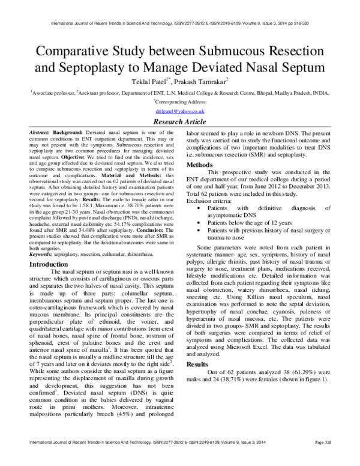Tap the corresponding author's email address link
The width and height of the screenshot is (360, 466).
coord(180,111)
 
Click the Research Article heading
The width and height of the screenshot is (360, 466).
coord(180,121)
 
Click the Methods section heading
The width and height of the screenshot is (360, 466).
coord(200,165)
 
